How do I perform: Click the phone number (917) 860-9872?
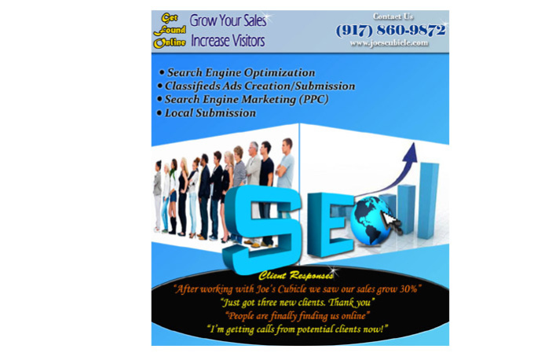coord(390,31)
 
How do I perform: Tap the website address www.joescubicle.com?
coord(390,43)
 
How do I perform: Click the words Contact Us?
coord(393,17)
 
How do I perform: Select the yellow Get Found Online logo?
coord(170,31)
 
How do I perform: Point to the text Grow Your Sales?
coord(228,20)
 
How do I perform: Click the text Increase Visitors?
coord(228,41)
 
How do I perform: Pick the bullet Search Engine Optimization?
coord(237,72)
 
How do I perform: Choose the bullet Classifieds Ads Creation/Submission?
coord(256,86)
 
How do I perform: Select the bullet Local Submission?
coord(207,113)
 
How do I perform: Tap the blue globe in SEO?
coord(371,221)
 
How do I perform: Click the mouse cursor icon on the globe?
coord(391,222)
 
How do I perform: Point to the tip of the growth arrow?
coord(413,143)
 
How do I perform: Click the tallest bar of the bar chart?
coord(428,200)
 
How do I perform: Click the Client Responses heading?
coord(295,275)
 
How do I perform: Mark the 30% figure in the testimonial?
coord(408,289)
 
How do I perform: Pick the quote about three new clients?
coord(298,303)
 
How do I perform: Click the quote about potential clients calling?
coord(298,329)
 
